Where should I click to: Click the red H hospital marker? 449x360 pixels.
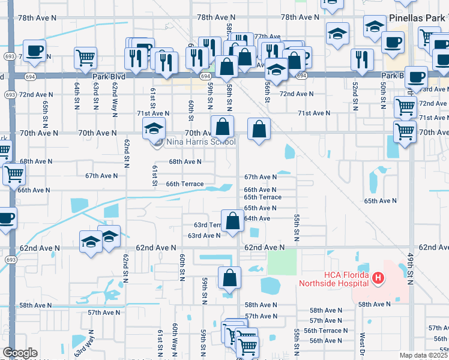tap(378, 278)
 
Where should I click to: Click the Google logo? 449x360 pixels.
tap(20, 353)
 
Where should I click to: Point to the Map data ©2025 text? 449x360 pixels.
tap(424, 355)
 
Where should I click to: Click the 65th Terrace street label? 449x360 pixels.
tap(262, 197)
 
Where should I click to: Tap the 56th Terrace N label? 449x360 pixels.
tap(325, 331)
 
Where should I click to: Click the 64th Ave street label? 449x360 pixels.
tap(257, 218)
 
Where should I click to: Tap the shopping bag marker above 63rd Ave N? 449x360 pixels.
tap(232, 221)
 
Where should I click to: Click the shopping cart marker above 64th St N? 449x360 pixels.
tap(85, 58)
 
